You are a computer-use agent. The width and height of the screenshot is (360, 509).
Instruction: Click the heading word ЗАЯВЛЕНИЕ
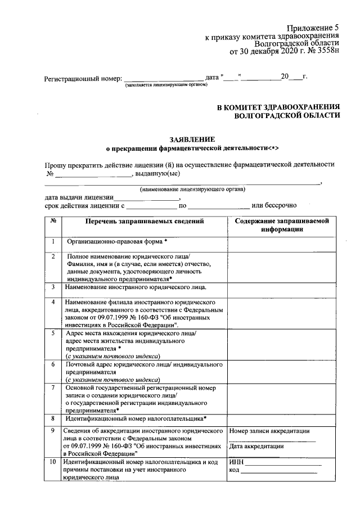pyautogui.click(x=192, y=139)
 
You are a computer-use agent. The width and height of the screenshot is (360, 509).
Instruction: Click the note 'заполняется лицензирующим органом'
pyautogui.click(x=166, y=84)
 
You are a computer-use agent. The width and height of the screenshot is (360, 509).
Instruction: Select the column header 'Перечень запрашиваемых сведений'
pyautogui.click(x=145, y=222)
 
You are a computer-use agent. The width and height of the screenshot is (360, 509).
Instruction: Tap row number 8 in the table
pyautogui.click(x=52, y=418)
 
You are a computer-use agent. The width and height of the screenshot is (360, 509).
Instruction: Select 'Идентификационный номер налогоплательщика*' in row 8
pyautogui.click(x=136, y=418)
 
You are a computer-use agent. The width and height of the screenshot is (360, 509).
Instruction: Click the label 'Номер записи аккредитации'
pyautogui.click(x=269, y=431)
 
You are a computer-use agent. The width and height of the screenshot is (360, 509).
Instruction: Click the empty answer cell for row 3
pyautogui.click(x=282, y=287)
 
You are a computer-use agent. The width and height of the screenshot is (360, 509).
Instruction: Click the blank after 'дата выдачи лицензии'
pyautogui.click(x=146, y=198)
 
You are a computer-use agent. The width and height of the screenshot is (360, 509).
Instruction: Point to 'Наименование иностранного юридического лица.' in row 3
pyautogui.click(x=136, y=287)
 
